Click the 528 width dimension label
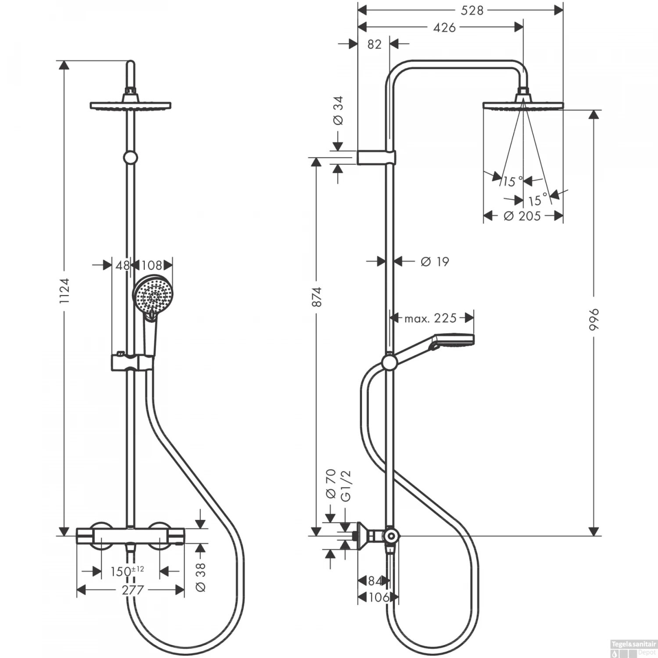[472, 10]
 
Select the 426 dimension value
[444, 27]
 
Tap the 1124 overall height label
[64, 291]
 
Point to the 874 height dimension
[317, 297]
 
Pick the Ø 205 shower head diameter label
[522, 216]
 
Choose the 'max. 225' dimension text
[430, 318]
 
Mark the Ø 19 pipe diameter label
[435, 261]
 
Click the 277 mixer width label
[132, 590]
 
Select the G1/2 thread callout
[346, 485]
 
